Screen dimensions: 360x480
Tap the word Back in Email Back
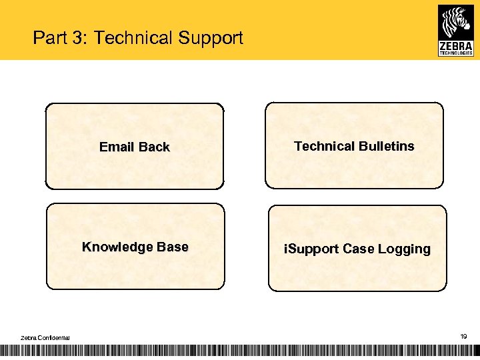[x=154, y=147]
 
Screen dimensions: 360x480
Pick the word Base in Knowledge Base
[x=173, y=247]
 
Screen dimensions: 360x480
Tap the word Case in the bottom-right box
[x=359, y=249]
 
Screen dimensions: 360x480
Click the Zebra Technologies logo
[x=455, y=30]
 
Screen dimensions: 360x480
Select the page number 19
[x=463, y=337]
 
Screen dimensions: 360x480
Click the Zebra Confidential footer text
[x=45, y=339]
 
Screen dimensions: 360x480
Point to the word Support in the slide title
[x=211, y=38]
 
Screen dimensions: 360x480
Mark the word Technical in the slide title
[x=133, y=38]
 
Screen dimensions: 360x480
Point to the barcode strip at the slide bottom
[x=240, y=351]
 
